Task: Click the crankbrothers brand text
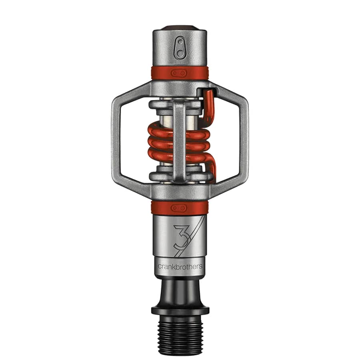180,266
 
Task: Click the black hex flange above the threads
180,310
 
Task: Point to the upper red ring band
180,73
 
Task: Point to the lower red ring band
180,208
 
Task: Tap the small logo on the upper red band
179,74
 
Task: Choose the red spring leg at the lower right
211,168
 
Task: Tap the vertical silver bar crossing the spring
180,140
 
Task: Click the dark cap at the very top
180,28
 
